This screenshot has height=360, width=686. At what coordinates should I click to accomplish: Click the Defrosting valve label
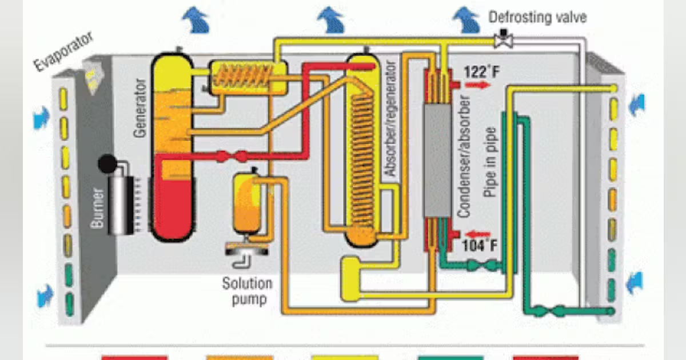click(537, 17)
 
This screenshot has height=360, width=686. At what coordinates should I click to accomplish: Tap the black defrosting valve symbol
click(504, 38)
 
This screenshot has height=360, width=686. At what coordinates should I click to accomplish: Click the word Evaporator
click(63, 52)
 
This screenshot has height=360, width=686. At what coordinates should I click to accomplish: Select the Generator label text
click(140, 108)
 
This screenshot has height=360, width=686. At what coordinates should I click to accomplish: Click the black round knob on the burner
click(107, 165)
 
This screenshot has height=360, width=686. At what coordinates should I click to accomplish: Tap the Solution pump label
click(247, 291)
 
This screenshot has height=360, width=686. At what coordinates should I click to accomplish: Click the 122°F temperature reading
click(477, 73)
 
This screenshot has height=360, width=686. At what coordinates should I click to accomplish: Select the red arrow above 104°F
click(479, 233)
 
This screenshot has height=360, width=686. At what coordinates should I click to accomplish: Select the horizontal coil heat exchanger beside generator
click(248, 77)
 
